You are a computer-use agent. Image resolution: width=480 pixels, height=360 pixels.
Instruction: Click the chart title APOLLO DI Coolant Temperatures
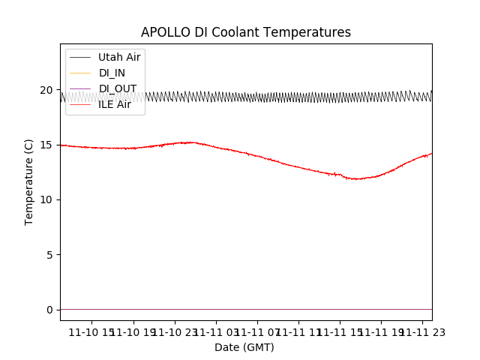pos(246,32)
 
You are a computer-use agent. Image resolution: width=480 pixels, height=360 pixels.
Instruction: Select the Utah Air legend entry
pos(119,57)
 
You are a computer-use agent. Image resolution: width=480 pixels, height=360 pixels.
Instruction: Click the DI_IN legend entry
pos(112,73)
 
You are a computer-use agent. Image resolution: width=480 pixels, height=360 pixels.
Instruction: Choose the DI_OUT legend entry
pos(118,88)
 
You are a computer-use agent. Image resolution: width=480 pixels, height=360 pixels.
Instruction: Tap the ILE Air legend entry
pos(115,104)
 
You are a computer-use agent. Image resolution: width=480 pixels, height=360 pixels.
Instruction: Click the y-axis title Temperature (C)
pos(29,181)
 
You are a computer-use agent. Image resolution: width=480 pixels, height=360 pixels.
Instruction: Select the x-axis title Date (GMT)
pos(244,347)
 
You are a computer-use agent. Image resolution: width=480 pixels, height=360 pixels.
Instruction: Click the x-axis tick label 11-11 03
pos(216,332)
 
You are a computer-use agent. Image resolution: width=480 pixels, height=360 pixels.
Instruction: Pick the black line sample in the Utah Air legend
pos(79,57)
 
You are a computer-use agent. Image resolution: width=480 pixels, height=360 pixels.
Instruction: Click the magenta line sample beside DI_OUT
pos(79,88)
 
